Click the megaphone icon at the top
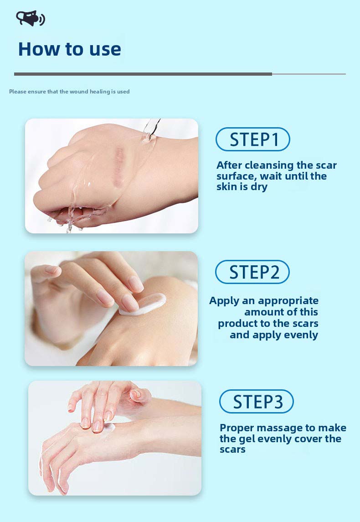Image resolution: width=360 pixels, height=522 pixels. coord(30,18)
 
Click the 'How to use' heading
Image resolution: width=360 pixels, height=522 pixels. coord(69,49)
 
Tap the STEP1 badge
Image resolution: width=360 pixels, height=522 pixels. coord(252,140)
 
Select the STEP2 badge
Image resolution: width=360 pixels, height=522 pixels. coord(252,272)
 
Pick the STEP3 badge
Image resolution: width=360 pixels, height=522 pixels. coord(256,402)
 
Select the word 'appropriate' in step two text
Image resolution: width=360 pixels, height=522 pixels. coord(288,301)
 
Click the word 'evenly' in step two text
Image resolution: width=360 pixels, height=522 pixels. coord(298,335)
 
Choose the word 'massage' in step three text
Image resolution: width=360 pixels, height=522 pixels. coord(298,428)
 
